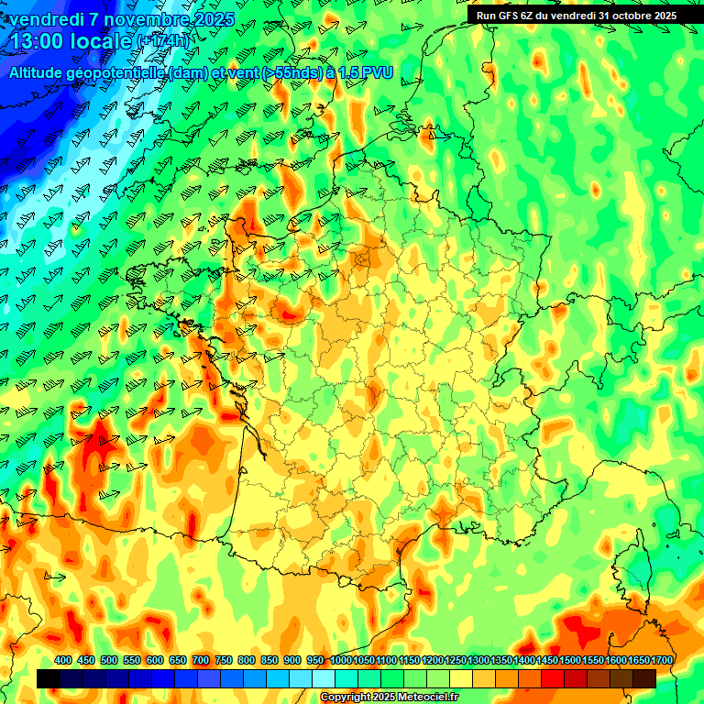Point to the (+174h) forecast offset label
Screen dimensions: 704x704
tap(164, 41)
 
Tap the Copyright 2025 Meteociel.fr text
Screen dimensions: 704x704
tap(389, 698)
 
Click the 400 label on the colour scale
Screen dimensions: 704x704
tap(63, 660)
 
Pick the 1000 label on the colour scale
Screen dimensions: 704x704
tap(340, 660)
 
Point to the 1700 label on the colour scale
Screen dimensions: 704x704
tap(662, 660)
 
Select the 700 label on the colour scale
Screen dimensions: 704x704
tap(201, 660)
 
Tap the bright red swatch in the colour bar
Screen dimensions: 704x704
tap(553, 678)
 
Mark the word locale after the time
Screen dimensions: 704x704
tap(102, 41)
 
